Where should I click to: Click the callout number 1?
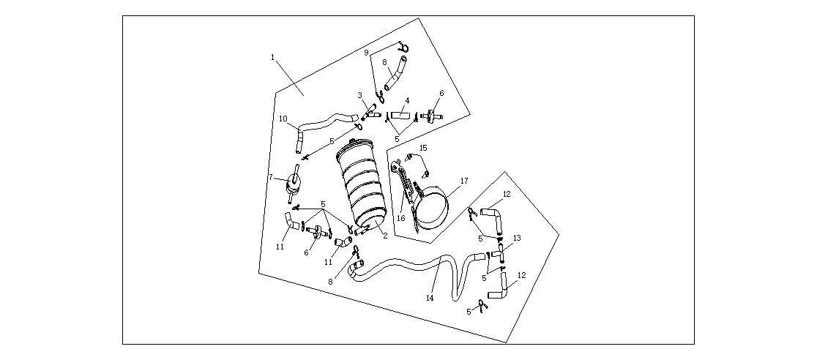(272, 57)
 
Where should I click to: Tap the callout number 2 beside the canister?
(385, 236)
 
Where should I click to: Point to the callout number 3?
(359, 95)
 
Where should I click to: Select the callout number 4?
(407, 100)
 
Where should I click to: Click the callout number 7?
(271, 178)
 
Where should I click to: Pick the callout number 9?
(366, 53)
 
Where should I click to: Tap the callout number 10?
(283, 119)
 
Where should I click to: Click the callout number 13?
(517, 238)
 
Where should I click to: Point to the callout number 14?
(430, 298)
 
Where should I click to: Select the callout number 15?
(423, 148)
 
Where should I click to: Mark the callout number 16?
(401, 218)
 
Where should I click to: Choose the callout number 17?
(464, 181)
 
